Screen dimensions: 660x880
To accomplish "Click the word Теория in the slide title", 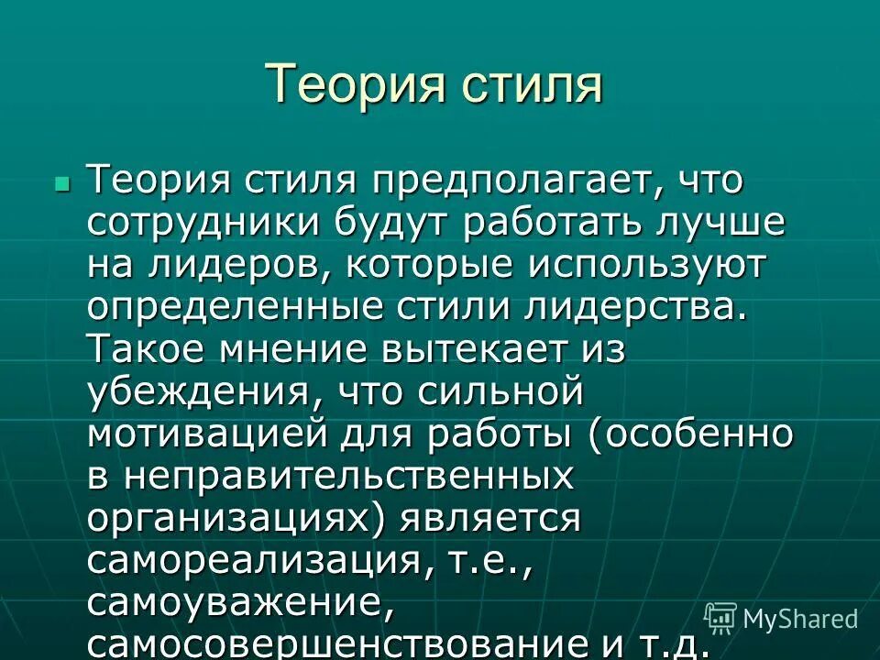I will (x=341, y=84).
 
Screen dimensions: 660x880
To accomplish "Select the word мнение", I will (x=292, y=351).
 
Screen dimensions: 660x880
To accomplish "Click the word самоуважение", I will (x=234, y=603).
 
